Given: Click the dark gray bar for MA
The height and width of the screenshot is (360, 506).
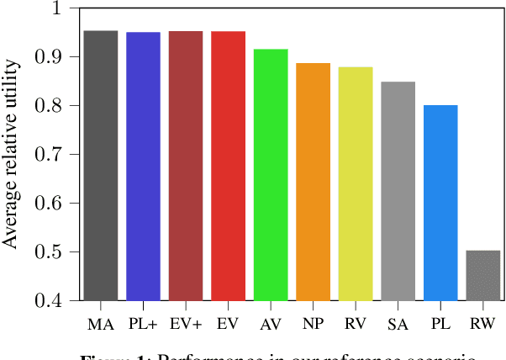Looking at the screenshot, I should (x=101, y=165).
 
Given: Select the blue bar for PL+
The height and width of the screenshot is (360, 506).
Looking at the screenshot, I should (x=143, y=166).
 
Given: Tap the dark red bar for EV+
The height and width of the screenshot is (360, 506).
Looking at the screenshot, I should (x=186, y=165).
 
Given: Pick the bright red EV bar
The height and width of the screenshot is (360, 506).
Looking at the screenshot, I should (x=228, y=165).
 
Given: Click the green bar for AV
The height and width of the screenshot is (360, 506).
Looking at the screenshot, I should (x=271, y=174).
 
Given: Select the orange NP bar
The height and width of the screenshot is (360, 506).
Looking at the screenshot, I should (x=313, y=181).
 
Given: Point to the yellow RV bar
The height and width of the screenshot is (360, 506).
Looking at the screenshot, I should (x=356, y=183).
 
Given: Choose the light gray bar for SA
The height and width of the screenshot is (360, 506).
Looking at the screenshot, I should (x=398, y=191).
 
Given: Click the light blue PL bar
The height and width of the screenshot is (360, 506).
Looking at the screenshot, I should (x=440, y=203).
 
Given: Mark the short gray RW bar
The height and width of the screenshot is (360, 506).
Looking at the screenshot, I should (x=482, y=275).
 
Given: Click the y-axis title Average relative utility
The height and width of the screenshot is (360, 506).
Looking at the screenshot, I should (x=11, y=155).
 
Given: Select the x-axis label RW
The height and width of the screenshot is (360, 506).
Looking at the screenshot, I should (x=482, y=324).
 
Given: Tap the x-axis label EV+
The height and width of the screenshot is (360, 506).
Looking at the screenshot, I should (x=186, y=324).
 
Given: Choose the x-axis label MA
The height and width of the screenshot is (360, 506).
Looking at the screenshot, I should (x=101, y=324).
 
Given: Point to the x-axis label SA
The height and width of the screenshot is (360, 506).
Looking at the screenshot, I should (x=398, y=324).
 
